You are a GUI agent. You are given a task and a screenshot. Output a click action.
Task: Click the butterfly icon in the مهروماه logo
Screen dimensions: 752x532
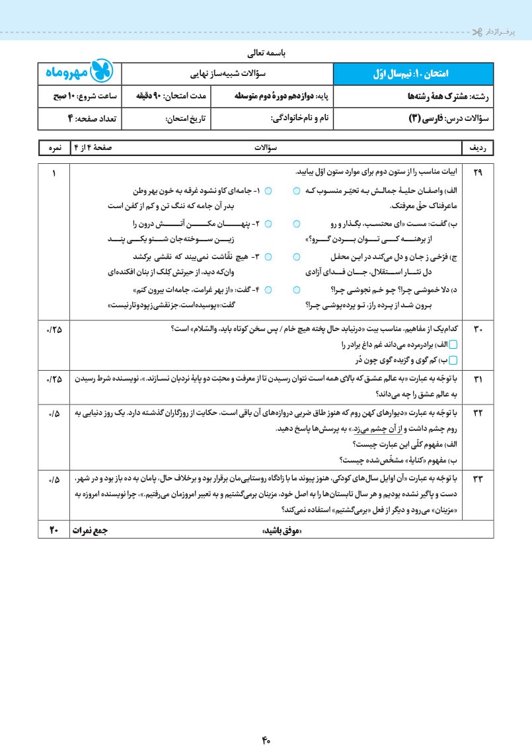click(106, 73)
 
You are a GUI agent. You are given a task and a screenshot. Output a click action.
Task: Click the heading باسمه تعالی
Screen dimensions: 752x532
click(266, 52)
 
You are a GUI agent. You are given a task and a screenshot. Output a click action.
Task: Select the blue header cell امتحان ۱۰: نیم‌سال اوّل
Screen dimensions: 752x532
click(414, 73)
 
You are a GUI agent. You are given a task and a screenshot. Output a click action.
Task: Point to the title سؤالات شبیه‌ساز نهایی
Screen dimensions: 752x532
click(228, 73)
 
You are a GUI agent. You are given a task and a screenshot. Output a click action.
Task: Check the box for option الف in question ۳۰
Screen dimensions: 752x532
click(462, 345)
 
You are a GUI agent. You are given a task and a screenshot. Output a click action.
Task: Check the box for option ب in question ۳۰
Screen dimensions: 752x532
click(462, 359)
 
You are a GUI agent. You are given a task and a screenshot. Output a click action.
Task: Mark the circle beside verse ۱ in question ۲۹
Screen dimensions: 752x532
click(268, 190)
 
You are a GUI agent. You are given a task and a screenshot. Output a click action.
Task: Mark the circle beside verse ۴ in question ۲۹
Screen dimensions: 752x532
click(268, 289)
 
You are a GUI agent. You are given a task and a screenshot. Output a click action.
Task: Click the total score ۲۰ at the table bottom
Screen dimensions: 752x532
click(54, 530)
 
